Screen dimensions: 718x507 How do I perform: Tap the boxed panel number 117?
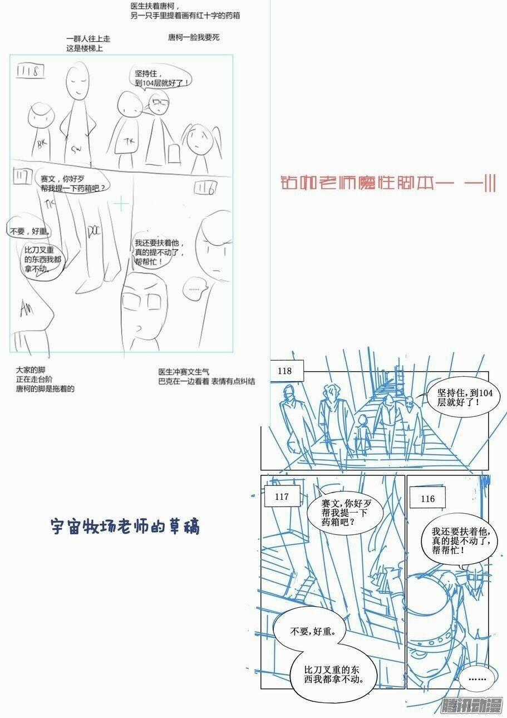coord(282,497)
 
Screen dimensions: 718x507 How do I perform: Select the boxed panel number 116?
coord(428,499)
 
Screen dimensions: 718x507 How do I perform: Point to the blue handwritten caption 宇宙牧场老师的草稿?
coord(125,526)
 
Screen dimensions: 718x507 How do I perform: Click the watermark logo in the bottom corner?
coord(471,706)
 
